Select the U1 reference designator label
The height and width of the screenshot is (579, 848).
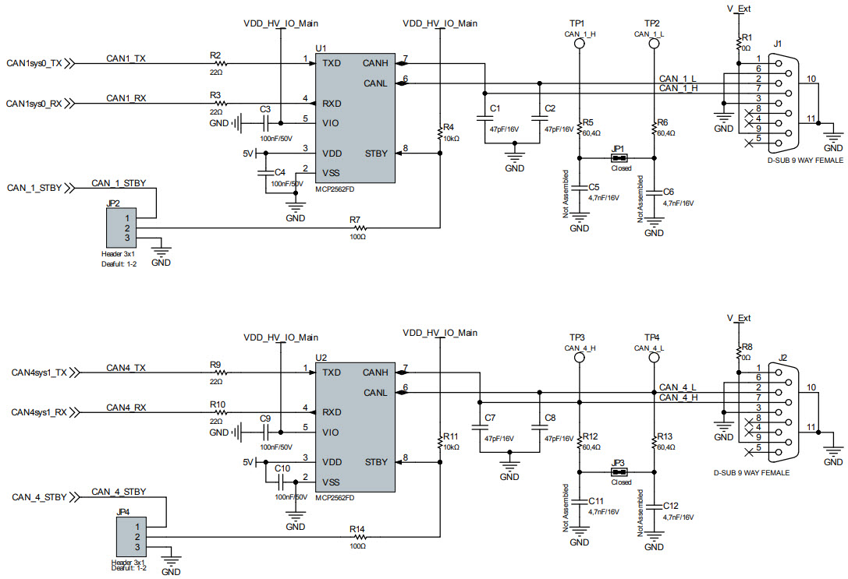click(x=320, y=48)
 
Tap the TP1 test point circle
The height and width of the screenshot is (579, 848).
click(x=579, y=44)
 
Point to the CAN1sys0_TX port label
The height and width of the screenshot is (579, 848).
click(x=34, y=64)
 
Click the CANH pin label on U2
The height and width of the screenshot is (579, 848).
click(x=375, y=372)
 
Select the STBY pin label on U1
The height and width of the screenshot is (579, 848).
click(x=376, y=154)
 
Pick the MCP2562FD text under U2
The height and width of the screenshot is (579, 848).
click(x=335, y=497)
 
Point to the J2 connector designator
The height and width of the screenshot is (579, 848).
click(x=783, y=357)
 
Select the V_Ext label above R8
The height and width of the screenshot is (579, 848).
click(x=738, y=318)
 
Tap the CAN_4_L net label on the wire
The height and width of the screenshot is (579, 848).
click(x=678, y=387)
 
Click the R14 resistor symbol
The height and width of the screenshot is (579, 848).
click(x=359, y=536)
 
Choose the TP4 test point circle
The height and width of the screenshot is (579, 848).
click(x=654, y=358)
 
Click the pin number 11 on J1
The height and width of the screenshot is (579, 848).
click(x=811, y=118)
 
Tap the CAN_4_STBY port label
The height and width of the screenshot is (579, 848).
click(x=38, y=496)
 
